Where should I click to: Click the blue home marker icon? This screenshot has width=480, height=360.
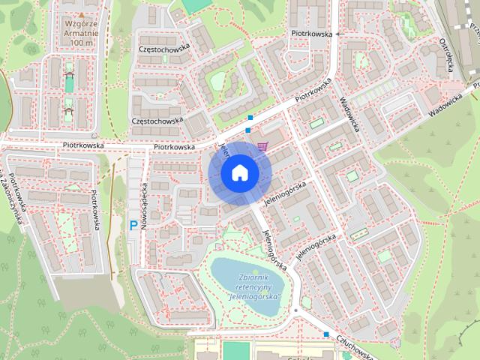tap(239, 172)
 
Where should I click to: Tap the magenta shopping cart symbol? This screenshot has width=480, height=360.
tap(261, 145)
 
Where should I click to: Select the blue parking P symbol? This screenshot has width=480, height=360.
tap(133, 224)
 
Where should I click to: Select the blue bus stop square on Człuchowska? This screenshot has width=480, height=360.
tap(326, 334)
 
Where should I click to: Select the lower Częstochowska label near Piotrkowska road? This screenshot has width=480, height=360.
tap(157, 120)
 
